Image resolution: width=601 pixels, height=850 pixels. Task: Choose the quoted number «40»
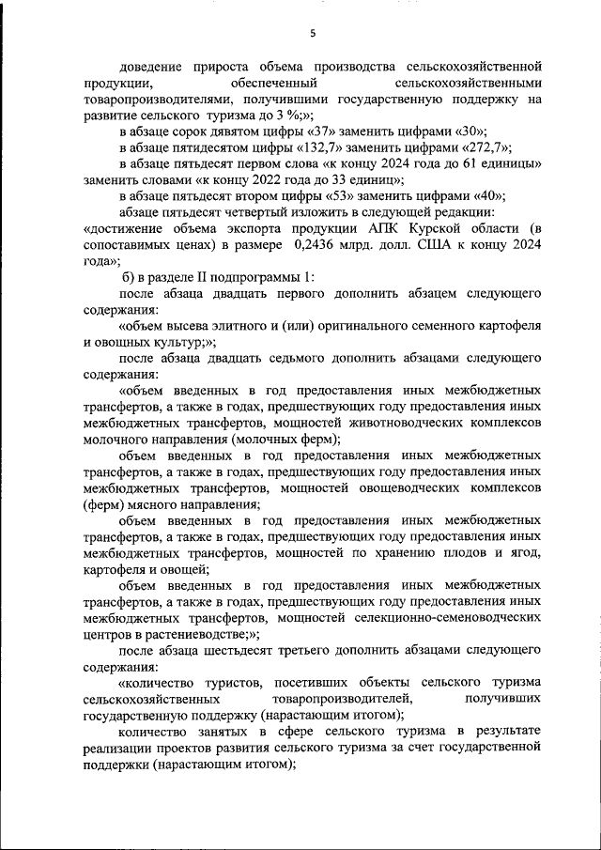pyautogui.click(x=485, y=196)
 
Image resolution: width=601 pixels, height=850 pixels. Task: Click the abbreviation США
pyautogui.click(x=417, y=245)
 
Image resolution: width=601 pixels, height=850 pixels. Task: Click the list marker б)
pyautogui.click(x=131, y=278)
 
